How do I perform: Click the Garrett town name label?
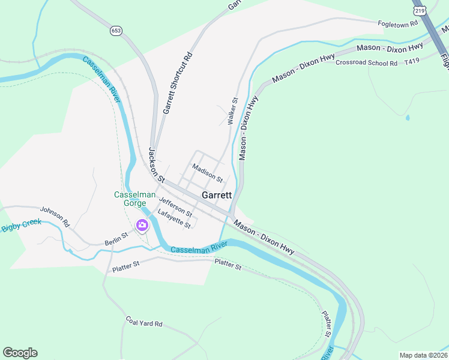[x=217, y=195]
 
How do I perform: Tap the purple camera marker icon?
[x=142, y=226]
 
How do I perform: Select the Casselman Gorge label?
[x=131, y=199]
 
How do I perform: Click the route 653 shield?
[x=116, y=30]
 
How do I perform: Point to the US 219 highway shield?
[x=419, y=11]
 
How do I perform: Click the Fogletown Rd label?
[x=397, y=25]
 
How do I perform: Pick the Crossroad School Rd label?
[x=367, y=62]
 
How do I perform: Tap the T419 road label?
[x=412, y=61]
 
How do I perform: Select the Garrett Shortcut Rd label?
[x=178, y=83]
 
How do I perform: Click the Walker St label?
[x=233, y=112]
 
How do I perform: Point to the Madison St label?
[x=208, y=172]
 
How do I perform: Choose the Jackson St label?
[x=156, y=165]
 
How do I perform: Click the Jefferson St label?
[x=176, y=208]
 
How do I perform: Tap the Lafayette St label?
[x=174, y=218]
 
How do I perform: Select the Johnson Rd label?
[x=55, y=217]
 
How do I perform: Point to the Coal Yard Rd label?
[x=144, y=322]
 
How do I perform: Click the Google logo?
[x=20, y=353]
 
